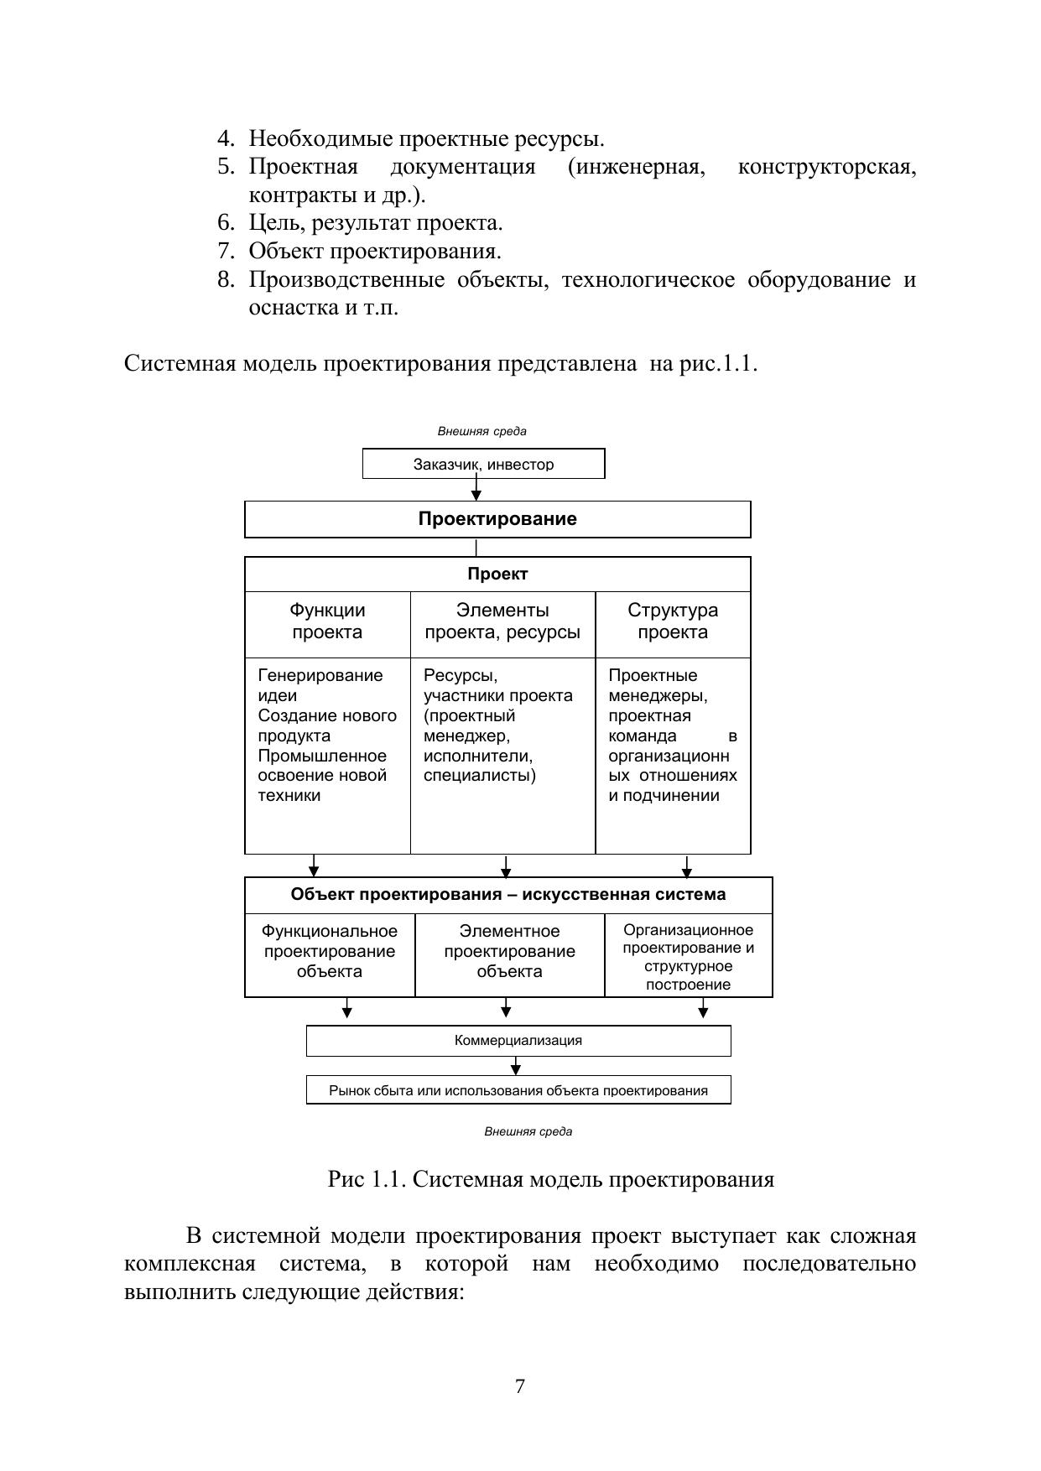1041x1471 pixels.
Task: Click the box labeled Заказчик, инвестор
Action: click(483, 464)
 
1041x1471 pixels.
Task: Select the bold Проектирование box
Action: click(497, 519)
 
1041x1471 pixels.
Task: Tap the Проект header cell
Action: click(497, 574)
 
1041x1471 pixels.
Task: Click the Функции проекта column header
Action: click(327, 621)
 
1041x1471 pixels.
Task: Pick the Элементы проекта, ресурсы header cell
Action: click(502, 621)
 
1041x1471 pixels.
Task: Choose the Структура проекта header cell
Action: click(673, 621)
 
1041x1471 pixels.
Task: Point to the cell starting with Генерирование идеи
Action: click(327, 735)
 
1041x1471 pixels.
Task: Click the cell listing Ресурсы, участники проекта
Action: click(502, 726)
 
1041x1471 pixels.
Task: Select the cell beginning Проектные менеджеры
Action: click(673, 735)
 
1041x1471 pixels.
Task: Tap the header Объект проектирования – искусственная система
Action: click(508, 895)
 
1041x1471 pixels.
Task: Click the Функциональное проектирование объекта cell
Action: click(330, 952)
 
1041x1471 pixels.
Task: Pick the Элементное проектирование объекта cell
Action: click(510, 952)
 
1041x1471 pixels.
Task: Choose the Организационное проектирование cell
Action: click(688, 957)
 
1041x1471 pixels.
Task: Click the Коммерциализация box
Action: click(518, 1041)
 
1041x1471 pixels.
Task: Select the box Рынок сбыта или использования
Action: click(518, 1090)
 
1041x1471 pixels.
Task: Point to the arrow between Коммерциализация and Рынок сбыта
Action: click(516, 1066)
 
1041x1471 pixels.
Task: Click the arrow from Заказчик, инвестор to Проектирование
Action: click(476, 489)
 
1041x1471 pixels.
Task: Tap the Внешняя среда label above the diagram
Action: click(482, 431)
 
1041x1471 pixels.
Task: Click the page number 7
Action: click(520, 1387)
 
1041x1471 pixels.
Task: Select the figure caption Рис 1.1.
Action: click(550, 1180)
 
